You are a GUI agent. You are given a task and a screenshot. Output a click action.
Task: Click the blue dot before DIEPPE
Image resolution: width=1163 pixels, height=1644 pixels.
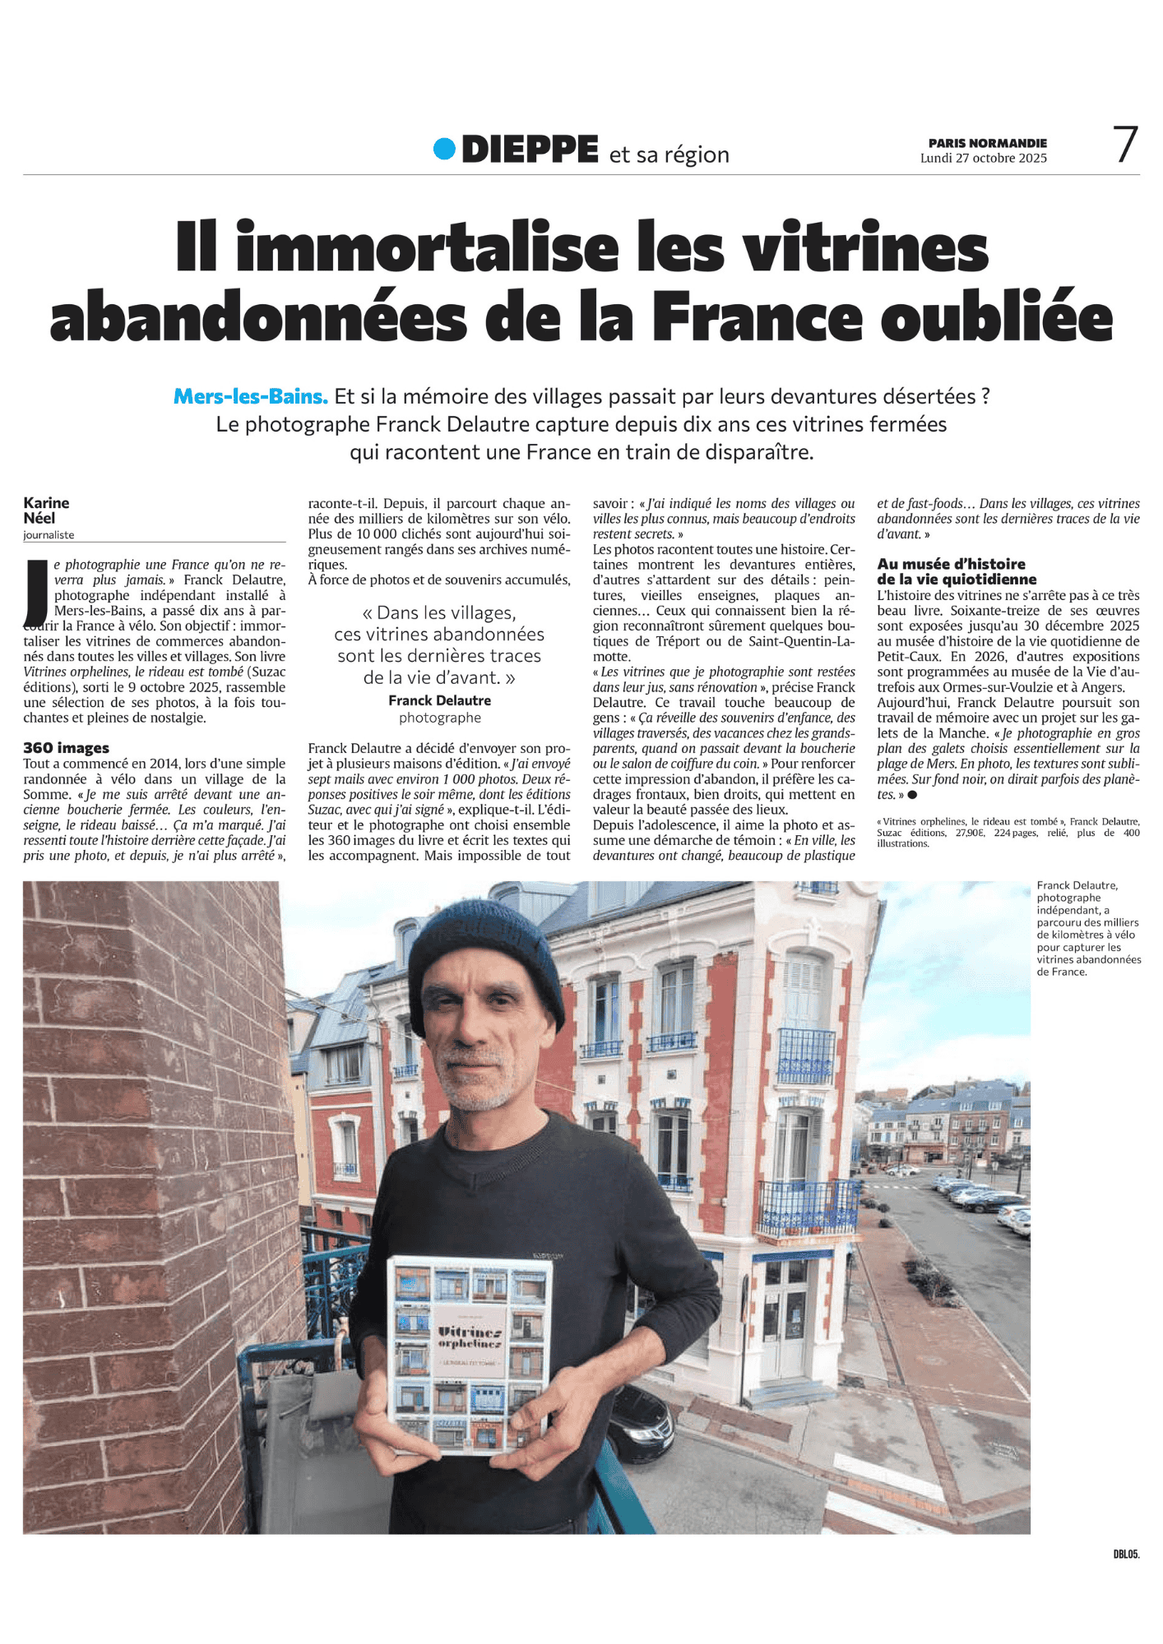(x=444, y=149)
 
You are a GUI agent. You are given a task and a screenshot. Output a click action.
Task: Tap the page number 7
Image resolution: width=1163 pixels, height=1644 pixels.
(x=1125, y=145)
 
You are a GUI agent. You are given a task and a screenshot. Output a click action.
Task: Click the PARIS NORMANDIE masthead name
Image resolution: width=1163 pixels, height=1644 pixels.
(x=987, y=143)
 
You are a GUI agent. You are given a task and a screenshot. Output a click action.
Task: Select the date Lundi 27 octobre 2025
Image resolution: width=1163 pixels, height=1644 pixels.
(x=983, y=158)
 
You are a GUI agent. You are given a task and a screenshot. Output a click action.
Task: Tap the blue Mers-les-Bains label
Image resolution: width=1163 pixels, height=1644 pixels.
(x=250, y=396)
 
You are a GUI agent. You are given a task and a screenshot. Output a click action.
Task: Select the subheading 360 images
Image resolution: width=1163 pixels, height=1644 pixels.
(x=66, y=747)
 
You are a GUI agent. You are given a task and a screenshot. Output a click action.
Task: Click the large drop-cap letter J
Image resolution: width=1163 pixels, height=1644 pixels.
(x=36, y=592)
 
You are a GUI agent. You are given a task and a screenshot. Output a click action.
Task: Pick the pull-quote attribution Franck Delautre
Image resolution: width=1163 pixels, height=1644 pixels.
(x=439, y=700)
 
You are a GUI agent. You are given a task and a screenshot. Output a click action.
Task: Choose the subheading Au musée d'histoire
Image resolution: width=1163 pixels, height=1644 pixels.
(x=951, y=564)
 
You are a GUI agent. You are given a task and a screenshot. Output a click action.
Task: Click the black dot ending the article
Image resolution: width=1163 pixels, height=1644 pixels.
(x=911, y=795)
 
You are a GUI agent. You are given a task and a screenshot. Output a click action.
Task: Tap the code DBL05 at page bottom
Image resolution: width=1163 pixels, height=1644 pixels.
(x=1125, y=1554)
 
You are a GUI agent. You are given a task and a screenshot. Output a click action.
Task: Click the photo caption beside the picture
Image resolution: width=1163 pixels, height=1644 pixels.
(x=1087, y=928)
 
